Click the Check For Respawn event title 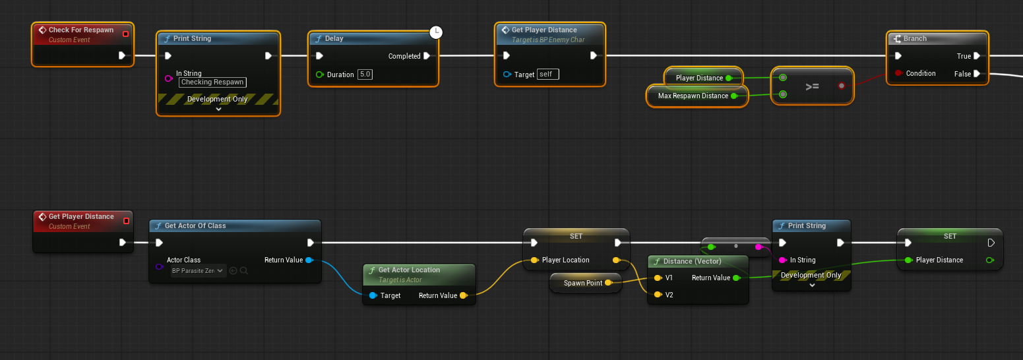[80, 30]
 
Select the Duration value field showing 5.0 [365, 75]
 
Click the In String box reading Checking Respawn [212, 82]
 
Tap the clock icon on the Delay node [436, 32]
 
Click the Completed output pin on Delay [427, 56]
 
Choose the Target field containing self [547, 75]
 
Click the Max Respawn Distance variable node [693, 96]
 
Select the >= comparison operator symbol [812, 86]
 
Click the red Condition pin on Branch [898, 73]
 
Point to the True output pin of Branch [977, 56]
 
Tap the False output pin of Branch [977, 74]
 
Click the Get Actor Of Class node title [195, 225]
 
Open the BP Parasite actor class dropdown [199, 270]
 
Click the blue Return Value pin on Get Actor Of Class [309, 260]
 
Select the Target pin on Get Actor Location [373, 295]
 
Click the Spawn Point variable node [583, 283]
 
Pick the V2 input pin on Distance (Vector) [657, 295]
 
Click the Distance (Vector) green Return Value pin [736, 278]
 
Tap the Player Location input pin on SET [534, 260]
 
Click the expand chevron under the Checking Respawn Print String [218, 109]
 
